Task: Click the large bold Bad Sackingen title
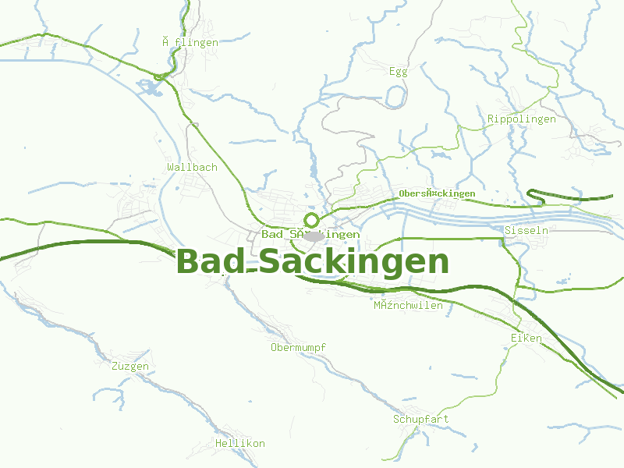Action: pyautogui.click(x=313, y=262)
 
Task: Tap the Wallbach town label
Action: pyautogui.click(x=192, y=167)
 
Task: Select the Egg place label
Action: pyautogui.click(x=398, y=72)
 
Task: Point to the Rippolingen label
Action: pyautogui.click(x=521, y=119)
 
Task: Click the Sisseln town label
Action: pyautogui.click(x=526, y=231)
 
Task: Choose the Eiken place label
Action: pyautogui.click(x=526, y=338)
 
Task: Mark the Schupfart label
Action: pyautogui.click(x=420, y=420)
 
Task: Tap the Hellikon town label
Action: pyautogui.click(x=240, y=443)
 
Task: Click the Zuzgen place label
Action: pyautogui.click(x=129, y=366)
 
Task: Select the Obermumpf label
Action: pyautogui.click(x=298, y=347)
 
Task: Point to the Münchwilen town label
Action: pyautogui.click(x=408, y=306)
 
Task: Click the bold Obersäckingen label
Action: pyautogui.click(x=436, y=193)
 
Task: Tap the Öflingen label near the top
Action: pyautogui.click(x=190, y=43)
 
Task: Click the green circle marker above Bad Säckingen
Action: pyautogui.click(x=311, y=220)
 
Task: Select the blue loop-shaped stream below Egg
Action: pyautogui.click(x=396, y=97)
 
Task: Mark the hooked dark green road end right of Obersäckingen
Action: pyautogui.click(x=531, y=193)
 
